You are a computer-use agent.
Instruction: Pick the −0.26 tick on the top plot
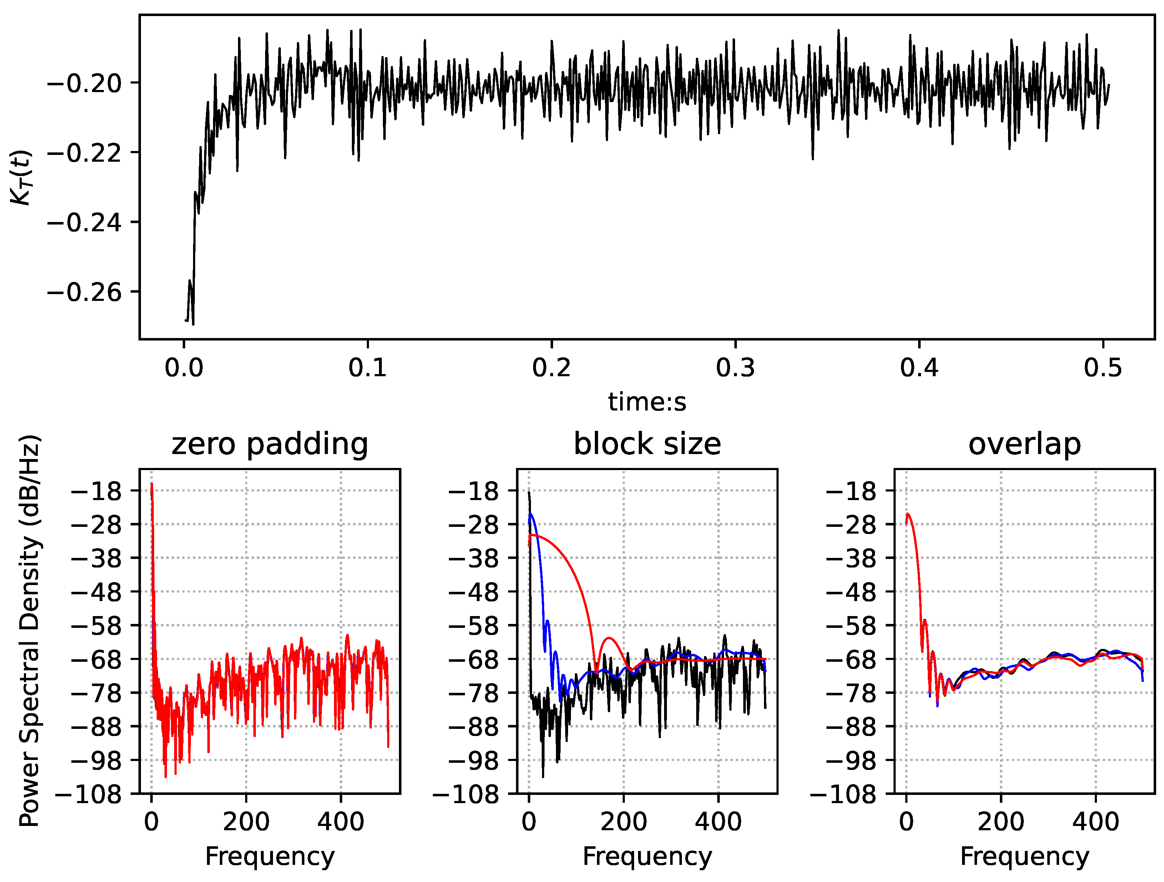(84, 292)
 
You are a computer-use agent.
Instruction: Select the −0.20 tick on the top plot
(84, 83)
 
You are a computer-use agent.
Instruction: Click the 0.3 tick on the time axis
(735, 367)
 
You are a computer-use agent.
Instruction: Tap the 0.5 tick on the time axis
(1102, 367)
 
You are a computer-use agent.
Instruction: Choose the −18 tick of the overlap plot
(851, 491)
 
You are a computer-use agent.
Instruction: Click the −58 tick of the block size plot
(473, 626)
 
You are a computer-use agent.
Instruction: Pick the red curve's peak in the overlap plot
(908, 514)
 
